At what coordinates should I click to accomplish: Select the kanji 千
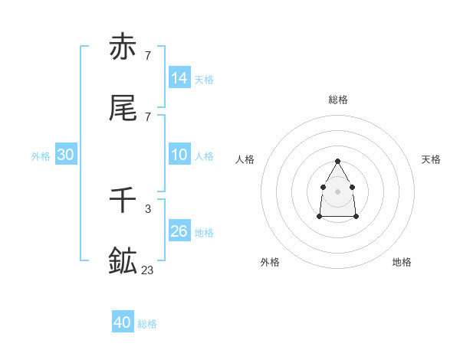(123, 200)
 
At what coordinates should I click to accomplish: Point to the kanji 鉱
(123, 261)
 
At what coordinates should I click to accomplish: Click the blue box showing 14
(179, 77)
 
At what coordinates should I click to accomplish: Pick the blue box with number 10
(179, 155)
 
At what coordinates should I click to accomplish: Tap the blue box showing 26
(179, 231)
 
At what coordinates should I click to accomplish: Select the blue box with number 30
(66, 155)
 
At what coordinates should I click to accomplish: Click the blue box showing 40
(123, 322)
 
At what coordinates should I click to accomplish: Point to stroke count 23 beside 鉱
(148, 270)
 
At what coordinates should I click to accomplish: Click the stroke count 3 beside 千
(147, 208)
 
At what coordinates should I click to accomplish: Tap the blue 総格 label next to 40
(147, 324)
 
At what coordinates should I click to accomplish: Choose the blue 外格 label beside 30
(41, 156)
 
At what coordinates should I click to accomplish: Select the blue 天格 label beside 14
(204, 79)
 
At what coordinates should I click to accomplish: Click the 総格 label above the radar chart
(338, 100)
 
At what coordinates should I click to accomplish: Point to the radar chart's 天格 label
(432, 159)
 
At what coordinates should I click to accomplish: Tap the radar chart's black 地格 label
(402, 262)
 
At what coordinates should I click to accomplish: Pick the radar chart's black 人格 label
(245, 159)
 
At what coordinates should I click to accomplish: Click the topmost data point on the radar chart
(337, 161)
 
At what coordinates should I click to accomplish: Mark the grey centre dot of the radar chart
(337, 191)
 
